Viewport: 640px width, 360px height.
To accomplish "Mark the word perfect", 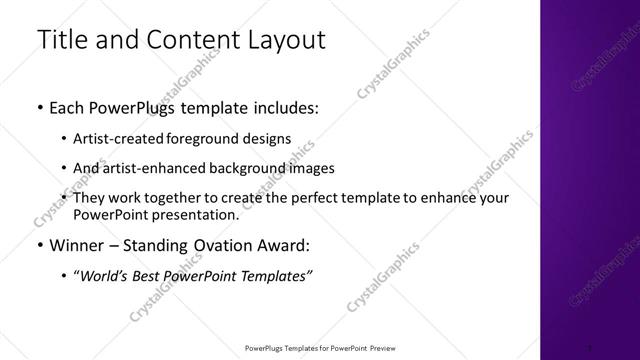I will (x=304, y=198).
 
